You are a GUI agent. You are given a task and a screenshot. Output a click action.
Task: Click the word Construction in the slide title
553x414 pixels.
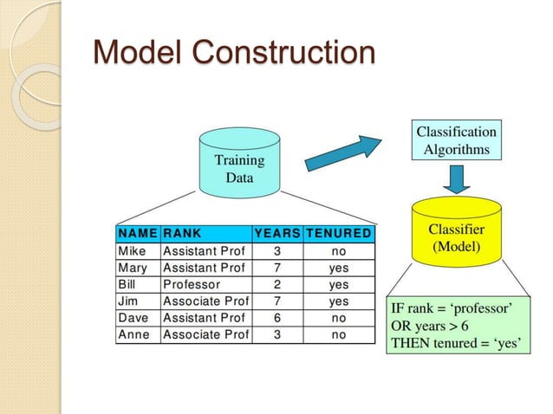click(283, 53)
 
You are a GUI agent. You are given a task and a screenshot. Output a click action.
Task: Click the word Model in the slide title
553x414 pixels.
click(140, 53)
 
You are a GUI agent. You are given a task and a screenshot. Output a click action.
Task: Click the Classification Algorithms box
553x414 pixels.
click(456, 140)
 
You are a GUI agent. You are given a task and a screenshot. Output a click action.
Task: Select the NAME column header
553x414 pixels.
click(138, 233)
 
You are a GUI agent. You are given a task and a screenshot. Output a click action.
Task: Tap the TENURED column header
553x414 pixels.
click(339, 233)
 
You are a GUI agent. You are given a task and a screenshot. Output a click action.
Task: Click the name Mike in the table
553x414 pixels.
click(133, 251)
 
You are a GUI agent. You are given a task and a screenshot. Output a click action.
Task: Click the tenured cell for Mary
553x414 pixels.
click(339, 268)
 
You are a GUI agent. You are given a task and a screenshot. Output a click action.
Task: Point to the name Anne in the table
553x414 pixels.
click(133, 333)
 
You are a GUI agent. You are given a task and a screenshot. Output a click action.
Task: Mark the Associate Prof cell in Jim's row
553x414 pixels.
click(205, 301)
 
